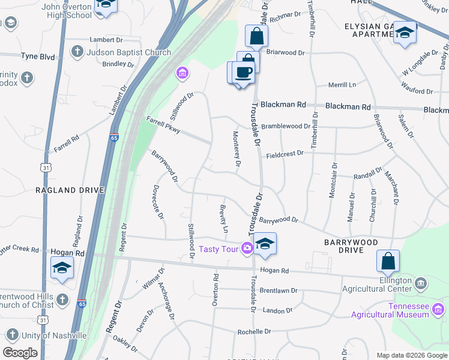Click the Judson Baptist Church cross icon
pyautogui.click(x=77, y=52)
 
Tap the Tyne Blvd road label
pyautogui.click(x=37, y=57)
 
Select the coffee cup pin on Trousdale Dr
pyautogui.click(x=243, y=73)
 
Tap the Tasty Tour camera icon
pyautogui.click(x=247, y=248)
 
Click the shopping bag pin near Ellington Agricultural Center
pyautogui.click(x=388, y=262)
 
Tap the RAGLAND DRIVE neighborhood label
pyautogui.click(x=70, y=190)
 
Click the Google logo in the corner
pyautogui.click(x=20, y=353)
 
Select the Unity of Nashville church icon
pyautogui.click(x=11, y=335)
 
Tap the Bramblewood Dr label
pyautogui.click(x=286, y=127)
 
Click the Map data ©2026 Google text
pyautogui.click(x=412, y=355)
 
